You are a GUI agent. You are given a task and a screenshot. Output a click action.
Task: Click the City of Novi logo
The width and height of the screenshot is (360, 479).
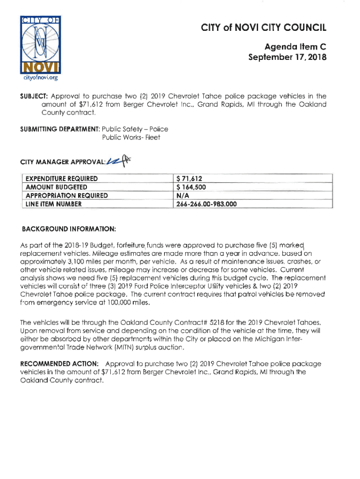tap(39, 44)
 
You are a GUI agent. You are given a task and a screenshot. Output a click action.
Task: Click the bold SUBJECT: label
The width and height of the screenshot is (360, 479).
tap(32, 95)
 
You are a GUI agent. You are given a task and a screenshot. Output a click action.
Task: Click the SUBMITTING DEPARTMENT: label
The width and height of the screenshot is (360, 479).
tap(59, 129)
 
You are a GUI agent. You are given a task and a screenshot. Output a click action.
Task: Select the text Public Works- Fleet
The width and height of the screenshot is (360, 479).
tap(131, 138)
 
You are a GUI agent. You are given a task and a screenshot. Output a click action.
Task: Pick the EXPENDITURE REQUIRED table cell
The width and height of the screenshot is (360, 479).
tap(61, 178)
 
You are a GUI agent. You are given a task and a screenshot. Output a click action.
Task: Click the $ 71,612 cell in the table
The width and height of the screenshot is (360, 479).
tap(189, 178)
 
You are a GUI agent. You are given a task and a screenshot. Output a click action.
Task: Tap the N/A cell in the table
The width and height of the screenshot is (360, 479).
tap(182, 195)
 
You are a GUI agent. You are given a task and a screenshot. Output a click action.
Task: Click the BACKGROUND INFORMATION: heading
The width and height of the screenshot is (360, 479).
tap(69, 229)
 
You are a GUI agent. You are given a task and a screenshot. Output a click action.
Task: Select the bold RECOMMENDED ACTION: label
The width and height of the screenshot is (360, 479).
tap(59, 363)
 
